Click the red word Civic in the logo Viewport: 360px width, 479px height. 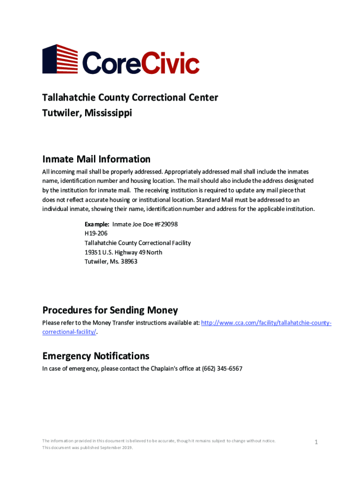(x=171, y=63)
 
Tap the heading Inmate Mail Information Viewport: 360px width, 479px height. (x=96, y=159)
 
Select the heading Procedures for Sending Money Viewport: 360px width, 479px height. (x=110, y=310)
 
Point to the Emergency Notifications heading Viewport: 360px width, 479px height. (x=96, y=356)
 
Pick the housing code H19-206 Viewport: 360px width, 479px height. (x=96, y=234)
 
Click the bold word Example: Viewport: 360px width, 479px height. (x=97, y=225)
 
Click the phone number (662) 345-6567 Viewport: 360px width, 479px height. (x=222, y=369)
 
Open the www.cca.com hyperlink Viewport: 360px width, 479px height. (x=266, y=323)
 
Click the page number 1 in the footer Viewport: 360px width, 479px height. (x=316, y=443)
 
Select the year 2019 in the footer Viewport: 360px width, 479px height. (x=126, y=448)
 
